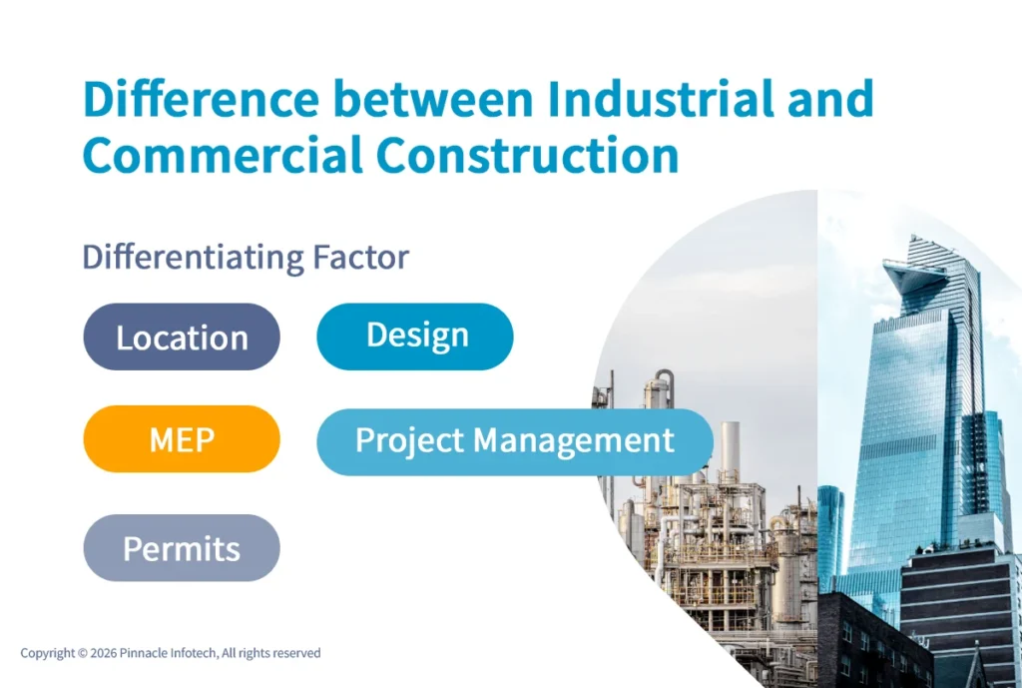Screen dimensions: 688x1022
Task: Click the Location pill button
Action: [182, 338]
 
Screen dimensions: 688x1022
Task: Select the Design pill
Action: [415, 337]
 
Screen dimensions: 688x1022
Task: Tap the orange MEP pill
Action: [182, 439]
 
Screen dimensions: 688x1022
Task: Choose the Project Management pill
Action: [514, 440]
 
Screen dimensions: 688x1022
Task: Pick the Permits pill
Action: [182, 548]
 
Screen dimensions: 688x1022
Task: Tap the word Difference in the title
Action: [201, 100]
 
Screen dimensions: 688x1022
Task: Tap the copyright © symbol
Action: [82, 653]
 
